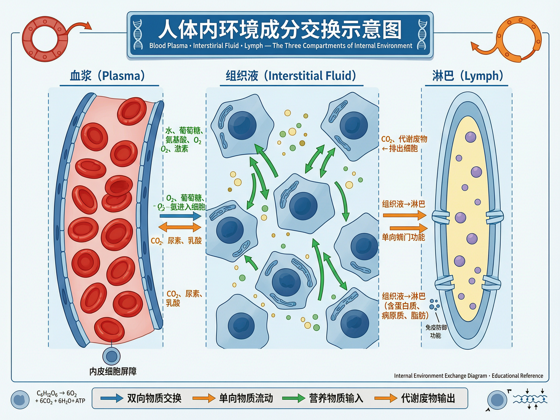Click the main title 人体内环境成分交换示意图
pyautogui.click(x=280, y=30)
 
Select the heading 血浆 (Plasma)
pyautogui.click(x=108, y=76)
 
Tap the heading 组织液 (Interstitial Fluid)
pyautogui.click(x=291, y=76)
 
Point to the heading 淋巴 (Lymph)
pyautogui.click(x=468, y=76)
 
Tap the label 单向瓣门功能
pyautogui.click(x=403, y=237)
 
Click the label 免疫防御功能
pyautogui.click(x=436, y=331)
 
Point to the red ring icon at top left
pyautogui.click(x=45, y=39)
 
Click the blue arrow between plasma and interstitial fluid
pyautogui.click(x=180, y=216)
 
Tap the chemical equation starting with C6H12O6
pyautogui.click(x=60, y=397)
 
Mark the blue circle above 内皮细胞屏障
pyautogui.click(x=111, y=356)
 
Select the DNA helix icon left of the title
pyautogui.click(x=138, y=35)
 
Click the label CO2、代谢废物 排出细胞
pyautogui.click(x=404, y=144)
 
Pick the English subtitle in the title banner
pyautogui.click(x=280, y=46)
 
